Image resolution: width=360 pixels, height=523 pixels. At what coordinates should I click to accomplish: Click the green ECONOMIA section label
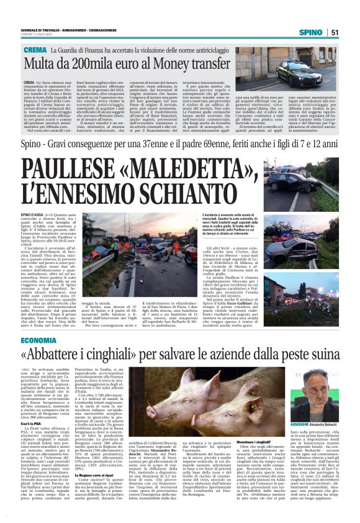tap(38, 341)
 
